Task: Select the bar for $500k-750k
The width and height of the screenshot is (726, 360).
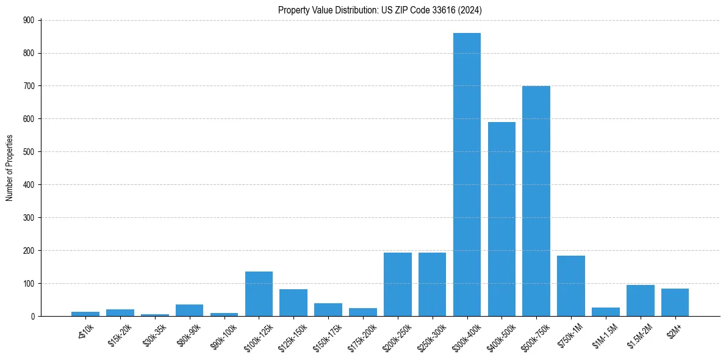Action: (536, 201)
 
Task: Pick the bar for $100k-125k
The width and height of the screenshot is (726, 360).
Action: (259, 294)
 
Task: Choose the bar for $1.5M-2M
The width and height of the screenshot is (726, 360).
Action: (640, 301)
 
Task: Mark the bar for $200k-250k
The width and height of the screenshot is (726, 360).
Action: (397, 284)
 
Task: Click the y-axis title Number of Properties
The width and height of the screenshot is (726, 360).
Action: (9, 168)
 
